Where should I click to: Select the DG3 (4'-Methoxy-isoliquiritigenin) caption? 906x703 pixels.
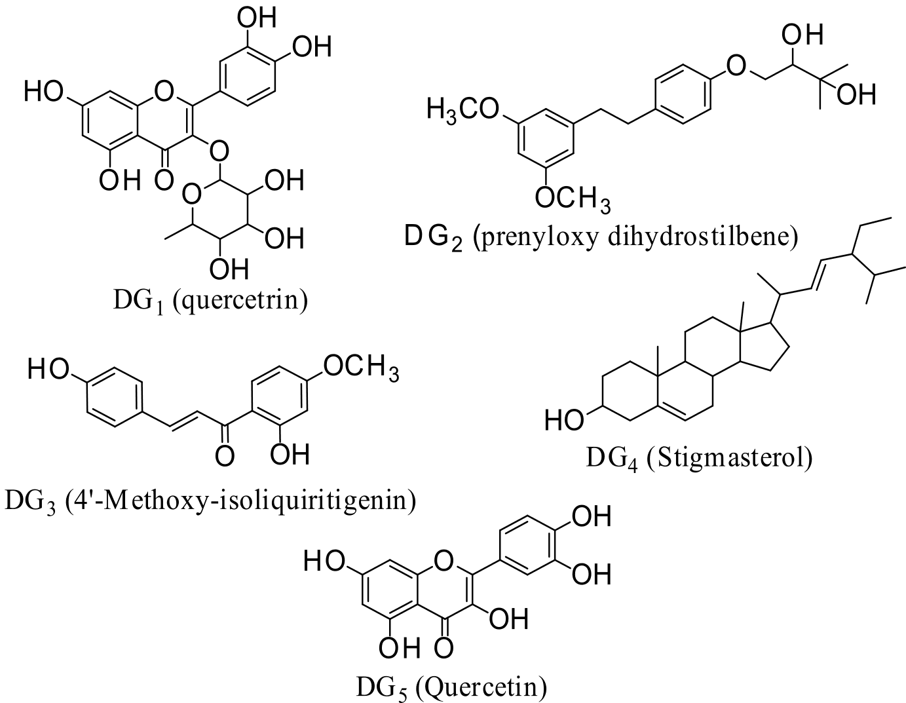pyautogui.click(x=210, y=501)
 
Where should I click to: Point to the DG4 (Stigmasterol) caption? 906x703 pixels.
pyautogui.click(x=699, y=457)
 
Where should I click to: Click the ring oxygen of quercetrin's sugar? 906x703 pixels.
pyautogui.click(x=191, y=195)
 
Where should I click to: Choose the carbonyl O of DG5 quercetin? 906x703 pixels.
pyautogui.click(x=444, y=647)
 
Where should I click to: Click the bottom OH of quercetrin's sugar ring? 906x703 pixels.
pyautogui.click(x=225, y=269)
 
